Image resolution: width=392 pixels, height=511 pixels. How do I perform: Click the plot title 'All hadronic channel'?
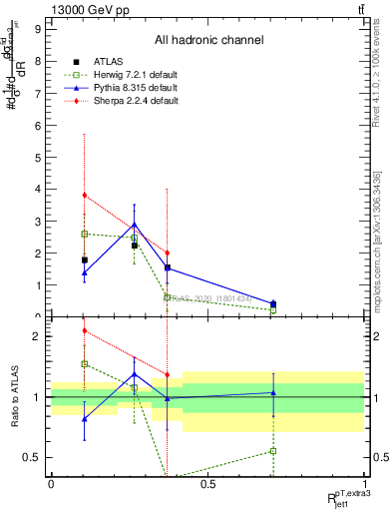pos(208,40)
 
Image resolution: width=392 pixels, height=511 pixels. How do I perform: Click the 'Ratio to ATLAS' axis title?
pos(13,397)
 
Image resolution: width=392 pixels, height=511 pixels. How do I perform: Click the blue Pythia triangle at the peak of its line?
pos(135,225)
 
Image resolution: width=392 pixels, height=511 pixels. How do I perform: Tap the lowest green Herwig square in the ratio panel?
pos(273,451)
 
